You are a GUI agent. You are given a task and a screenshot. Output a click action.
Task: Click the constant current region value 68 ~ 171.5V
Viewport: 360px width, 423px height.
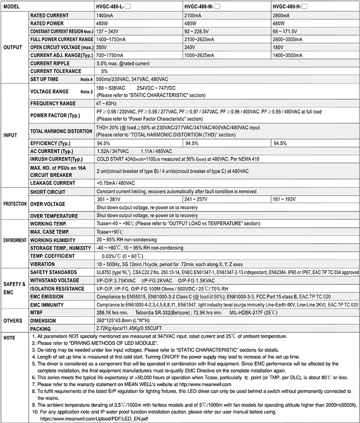[288, 31]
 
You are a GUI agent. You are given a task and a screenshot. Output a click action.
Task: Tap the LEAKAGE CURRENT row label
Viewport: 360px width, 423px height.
[53, 182]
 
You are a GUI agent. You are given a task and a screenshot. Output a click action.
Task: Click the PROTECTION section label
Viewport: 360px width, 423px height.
[15, 203]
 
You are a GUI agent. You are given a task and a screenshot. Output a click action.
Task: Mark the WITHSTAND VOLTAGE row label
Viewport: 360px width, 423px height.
[55, 280]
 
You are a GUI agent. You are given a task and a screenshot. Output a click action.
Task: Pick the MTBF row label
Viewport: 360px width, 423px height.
[37, 312]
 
